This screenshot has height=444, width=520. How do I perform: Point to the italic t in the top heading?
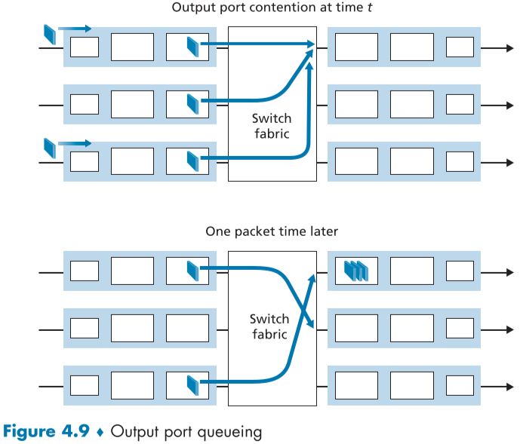pos(349,8)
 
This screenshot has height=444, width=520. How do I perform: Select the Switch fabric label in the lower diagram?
pos(271,326)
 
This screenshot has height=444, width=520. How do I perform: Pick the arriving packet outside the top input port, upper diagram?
pos(50,33)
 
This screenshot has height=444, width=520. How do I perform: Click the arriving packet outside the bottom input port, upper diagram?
pos(50,148)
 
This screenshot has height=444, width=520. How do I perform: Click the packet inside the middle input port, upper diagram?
pos(193,104)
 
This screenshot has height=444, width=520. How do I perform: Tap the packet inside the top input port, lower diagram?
pos(193,270)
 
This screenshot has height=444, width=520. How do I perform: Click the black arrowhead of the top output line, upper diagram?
pos(508,47)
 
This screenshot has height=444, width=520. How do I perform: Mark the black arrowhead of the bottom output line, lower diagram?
pos(508,387)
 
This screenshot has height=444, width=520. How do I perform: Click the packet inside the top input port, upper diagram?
pos(193,47)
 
